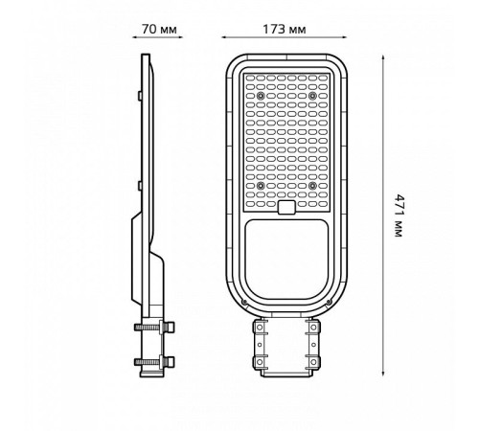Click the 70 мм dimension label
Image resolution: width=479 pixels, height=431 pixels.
click(x=159, y=30)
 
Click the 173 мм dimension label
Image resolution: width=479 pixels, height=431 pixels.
click(x=285, y=30)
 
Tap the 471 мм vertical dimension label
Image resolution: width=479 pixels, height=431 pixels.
click(x=399, y=215)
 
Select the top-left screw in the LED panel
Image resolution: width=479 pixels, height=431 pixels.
click(x=261, y=95)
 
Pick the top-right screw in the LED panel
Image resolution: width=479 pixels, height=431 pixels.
click(x=312, y=95)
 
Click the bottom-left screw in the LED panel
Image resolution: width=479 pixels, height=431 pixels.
click(x=261, y=185)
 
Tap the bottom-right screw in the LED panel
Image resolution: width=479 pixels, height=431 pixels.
click(x=312, y=185)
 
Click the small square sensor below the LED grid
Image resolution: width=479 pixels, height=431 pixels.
click(x=286, y=207)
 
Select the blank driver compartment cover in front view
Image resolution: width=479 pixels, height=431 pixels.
click(x=286, y=260)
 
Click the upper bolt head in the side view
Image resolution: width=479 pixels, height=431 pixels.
click(x=171, y=327)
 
